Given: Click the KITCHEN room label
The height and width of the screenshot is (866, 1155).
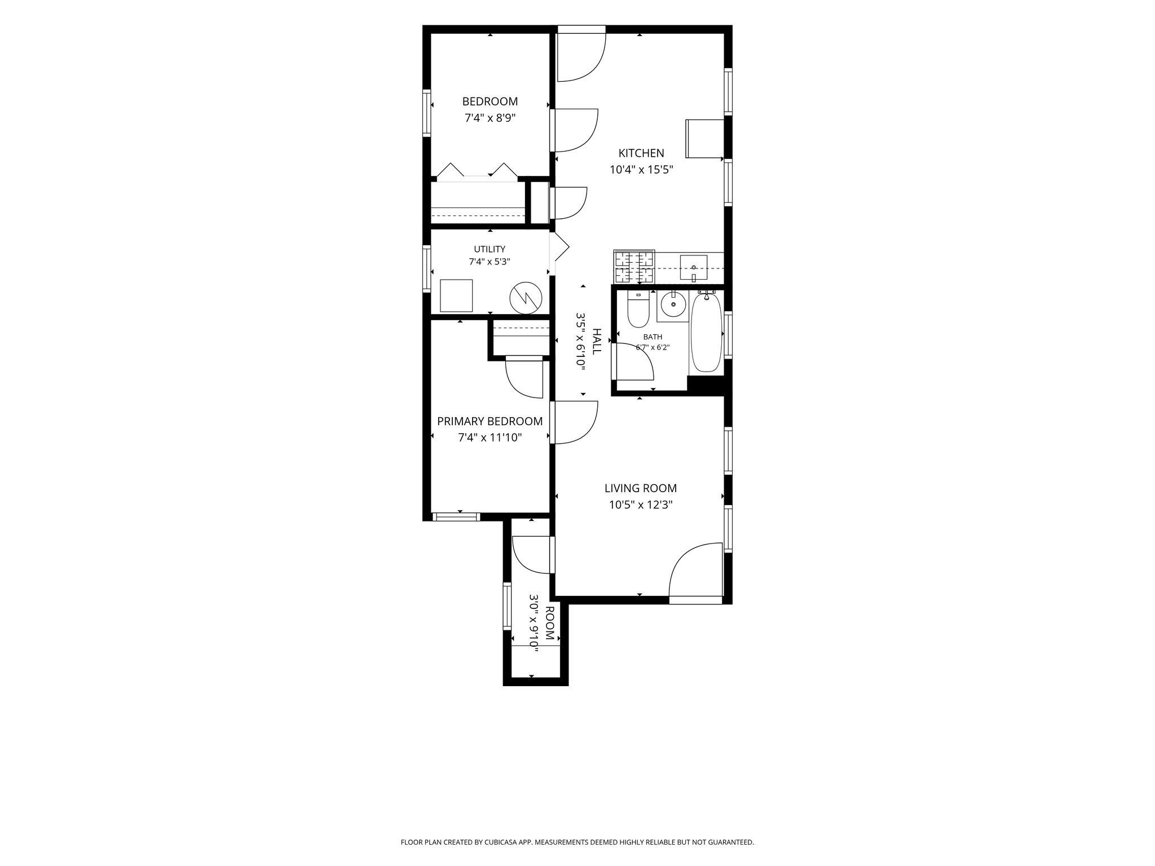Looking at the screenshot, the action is pos(641,153).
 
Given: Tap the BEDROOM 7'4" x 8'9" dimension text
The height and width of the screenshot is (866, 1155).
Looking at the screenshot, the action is pos(490,118).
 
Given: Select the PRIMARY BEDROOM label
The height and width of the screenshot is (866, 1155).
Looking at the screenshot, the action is pos(490,421).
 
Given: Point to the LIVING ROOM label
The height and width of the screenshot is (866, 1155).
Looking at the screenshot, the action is pos(641,488).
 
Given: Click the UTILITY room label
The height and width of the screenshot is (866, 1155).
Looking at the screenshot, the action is pos(490,249).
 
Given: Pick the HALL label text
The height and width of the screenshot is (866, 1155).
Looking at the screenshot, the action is pos(597,341).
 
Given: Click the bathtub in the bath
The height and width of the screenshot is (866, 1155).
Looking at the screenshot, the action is pos(706,333).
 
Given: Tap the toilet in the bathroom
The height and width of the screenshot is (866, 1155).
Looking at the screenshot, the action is pos(638,310).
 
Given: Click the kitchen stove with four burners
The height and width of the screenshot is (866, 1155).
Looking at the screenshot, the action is pos(634,267).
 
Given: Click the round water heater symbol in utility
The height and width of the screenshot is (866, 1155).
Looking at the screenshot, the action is pos(526,298).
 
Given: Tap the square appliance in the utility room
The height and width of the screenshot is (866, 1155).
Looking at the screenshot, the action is pos(456,295).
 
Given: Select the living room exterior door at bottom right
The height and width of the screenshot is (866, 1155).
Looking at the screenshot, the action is pos(696,573).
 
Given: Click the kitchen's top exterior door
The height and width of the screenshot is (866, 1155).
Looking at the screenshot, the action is pos(581,54).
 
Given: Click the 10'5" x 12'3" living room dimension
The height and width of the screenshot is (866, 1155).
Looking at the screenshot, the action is pos(641,505).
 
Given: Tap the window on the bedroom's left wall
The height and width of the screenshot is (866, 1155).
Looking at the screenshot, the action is pos(427,113).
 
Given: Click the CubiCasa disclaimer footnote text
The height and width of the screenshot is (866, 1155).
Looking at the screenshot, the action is pos(577,842).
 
